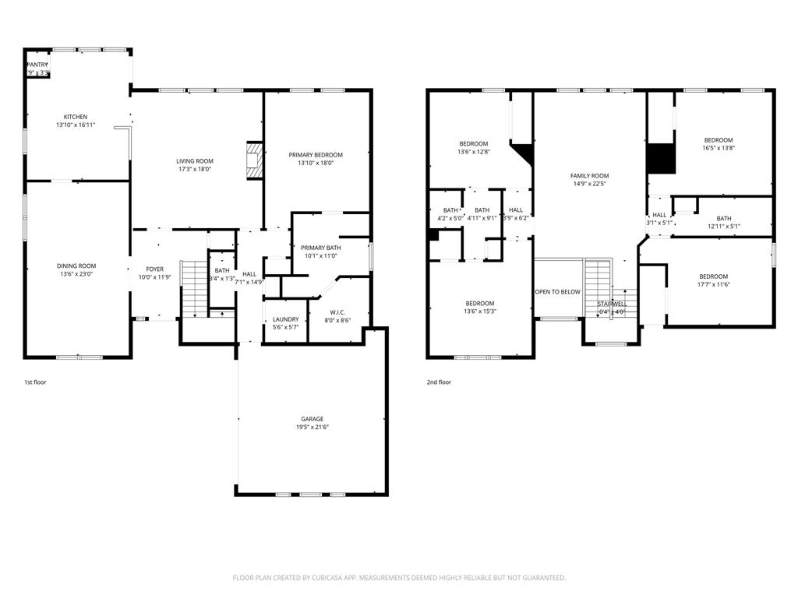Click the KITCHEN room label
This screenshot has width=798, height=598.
click(x=76, y=117)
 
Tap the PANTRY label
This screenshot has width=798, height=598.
click(x=37, y=65)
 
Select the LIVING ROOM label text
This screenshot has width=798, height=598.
click(x=194, y=161)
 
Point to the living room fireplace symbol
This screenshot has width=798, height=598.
click(x=254, y=161)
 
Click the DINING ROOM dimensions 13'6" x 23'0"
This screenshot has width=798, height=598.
click(x=76, y=274)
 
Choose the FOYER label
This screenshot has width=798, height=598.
click(x=154, y=269)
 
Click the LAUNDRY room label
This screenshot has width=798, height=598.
click(x=285, y=319)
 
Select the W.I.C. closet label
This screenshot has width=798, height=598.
click(x=337, y=312)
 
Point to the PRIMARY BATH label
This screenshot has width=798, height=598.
click(x=321, y=248)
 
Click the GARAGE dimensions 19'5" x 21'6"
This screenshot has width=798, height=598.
click(x=312, y=427)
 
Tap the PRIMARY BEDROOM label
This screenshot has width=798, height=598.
click(x=315, y=155)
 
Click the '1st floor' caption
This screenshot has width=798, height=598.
click(x=35, y=382)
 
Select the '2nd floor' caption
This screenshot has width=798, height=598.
click(x=439, y=382)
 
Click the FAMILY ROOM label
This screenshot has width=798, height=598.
click(x=589, y=176)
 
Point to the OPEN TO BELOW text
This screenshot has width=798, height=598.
click(x=557, y=292)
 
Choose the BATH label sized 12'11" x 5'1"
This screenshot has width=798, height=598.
click(x=724, y=219)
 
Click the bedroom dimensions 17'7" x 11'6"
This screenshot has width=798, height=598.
click(x=713, y=285)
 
